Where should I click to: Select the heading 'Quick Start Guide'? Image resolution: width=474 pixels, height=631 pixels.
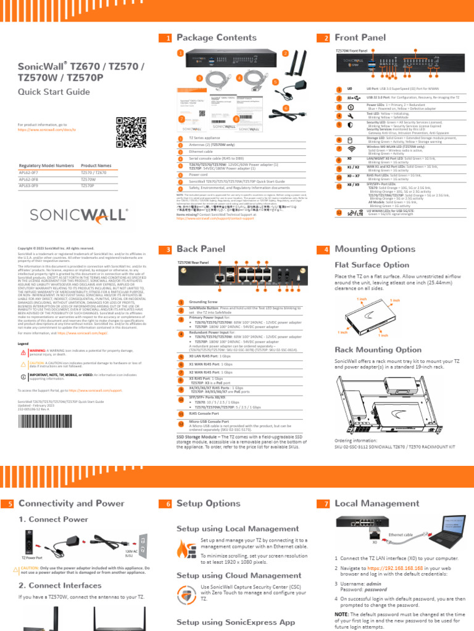(52, 92)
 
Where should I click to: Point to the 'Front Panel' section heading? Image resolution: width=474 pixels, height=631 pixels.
(360, 38)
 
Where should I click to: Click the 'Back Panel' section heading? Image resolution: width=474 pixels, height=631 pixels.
(201, 250)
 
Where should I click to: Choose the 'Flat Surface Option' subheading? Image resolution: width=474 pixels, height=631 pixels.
(372, 265)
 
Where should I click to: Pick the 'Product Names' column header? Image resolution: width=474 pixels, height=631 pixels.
(96, 166)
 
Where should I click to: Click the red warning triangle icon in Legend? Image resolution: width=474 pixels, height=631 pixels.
(23, 351)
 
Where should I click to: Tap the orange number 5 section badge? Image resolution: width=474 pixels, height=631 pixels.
(10, 504)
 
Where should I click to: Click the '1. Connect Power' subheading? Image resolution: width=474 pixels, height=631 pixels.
(53, 519)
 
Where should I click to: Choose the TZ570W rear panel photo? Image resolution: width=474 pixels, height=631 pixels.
(241, 279)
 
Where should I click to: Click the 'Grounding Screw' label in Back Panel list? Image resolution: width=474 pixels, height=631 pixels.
(204, 302)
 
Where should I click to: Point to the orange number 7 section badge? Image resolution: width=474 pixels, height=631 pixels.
(326, 504)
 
